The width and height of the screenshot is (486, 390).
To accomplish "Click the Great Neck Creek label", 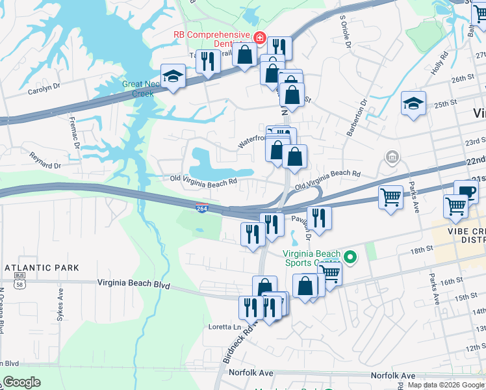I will tap(138, 88).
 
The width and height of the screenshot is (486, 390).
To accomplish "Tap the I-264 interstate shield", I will tap(202, 207).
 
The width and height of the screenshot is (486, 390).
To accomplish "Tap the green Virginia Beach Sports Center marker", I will tap(351, 258).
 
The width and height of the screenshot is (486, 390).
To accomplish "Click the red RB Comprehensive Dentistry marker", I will tap(260, 38).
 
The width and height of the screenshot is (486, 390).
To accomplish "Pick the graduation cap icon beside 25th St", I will tap(413, 103).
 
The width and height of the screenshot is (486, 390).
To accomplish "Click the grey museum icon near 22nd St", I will tap(392, 157).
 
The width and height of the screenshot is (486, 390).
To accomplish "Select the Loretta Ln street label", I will tap(224, 326).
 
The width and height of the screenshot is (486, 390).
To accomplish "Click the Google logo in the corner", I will tap(22, 382).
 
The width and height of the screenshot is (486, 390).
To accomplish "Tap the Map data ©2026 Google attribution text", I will tap(446, 385).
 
